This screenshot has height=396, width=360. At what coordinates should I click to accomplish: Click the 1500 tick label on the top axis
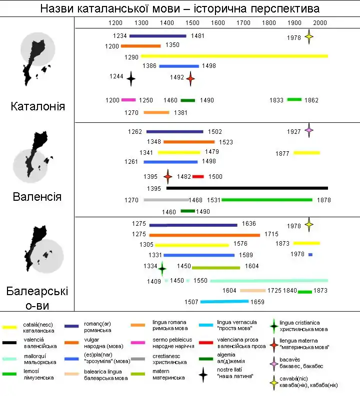(x=192, y=23)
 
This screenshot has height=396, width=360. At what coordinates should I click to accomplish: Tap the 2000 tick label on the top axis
(x=320, y=23)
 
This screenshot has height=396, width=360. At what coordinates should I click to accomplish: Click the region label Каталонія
(x=37, y=106)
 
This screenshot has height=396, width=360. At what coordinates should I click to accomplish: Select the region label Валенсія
(x=37, y=196)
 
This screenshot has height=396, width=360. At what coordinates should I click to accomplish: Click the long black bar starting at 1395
(x=247, y=188)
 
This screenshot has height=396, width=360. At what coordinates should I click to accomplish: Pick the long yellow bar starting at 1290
(x=234, y=56)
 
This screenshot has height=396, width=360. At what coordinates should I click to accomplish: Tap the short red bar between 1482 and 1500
(x=198, y=176)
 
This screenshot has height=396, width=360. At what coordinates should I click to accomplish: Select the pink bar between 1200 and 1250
(x=128, y=100)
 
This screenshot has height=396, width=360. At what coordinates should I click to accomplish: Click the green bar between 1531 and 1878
(x=267, y=200)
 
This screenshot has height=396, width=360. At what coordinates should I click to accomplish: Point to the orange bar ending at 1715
(x=204, y=235)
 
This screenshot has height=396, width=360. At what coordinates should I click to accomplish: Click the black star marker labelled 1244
(x=131, y=78)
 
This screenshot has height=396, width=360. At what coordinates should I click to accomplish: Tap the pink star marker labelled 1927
(x=309, y=131)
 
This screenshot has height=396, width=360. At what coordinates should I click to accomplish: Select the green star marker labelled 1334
(x=162, y=268)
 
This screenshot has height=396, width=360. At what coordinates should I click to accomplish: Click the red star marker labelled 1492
(x=190, y=78)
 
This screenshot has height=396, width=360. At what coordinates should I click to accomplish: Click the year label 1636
(x=248, y=224)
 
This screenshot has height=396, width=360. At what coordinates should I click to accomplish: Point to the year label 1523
(x=225, y=142)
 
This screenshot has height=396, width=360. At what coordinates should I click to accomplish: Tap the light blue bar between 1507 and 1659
(x=224, y=302)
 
